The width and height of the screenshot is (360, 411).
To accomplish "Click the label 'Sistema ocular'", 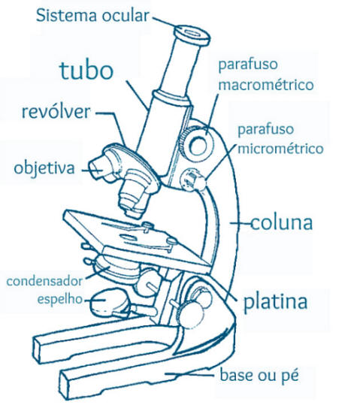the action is coord(92,16).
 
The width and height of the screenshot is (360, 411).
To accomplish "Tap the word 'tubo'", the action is coord(86,70).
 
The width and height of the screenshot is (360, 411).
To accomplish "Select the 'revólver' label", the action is coord(56,112).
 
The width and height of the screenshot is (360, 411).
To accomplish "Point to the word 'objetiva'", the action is coord(44,168).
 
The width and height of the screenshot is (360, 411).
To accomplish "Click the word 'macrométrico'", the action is coord(266,85).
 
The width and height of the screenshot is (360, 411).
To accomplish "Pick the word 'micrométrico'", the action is coord(280,149).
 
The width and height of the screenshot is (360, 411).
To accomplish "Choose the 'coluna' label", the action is coord(282,223).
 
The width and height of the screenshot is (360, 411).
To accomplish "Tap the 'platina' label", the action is coord(275,302).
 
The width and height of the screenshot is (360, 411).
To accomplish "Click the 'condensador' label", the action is coord(44,281).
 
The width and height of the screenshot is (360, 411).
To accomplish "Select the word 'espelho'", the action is coord(60,299).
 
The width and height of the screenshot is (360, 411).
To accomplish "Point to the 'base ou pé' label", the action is coord(259,375).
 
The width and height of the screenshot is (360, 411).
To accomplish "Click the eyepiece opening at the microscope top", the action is coord(192,33).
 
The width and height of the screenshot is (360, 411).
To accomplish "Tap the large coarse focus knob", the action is coord(198,145).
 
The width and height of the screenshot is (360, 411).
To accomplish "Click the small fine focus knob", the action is coord(192,180).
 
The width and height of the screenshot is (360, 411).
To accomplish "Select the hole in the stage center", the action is coord(129,237).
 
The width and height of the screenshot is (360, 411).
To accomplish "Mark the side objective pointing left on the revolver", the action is coord(101,168).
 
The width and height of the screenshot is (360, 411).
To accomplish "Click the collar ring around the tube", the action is coord(171,98).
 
